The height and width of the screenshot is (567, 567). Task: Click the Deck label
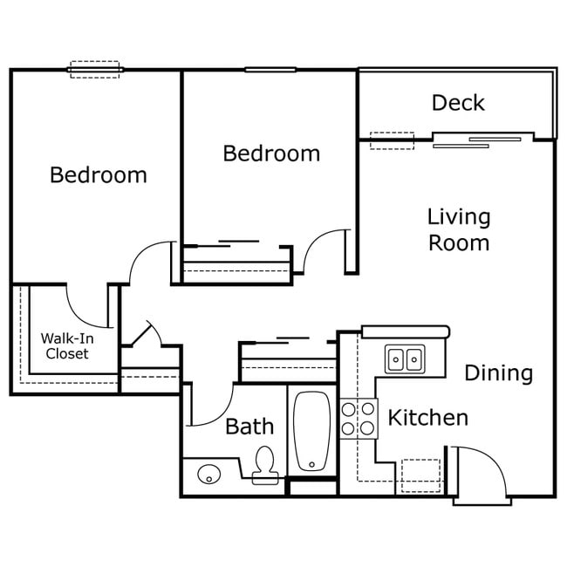point(458,103)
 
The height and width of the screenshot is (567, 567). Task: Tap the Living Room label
point(458,229)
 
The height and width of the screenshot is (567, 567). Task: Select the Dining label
point(498,373)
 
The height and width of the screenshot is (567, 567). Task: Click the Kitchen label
point(427,418)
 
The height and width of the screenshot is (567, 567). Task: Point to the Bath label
point(249,427)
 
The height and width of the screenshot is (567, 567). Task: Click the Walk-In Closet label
point(67,345)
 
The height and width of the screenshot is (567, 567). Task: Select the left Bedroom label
point(98,174)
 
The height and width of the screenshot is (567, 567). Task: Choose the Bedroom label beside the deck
point(271,154)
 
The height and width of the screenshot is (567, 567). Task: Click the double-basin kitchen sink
point(405,358)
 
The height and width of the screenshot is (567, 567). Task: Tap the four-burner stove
point(358,418)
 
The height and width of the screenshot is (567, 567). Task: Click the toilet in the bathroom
point(264,464)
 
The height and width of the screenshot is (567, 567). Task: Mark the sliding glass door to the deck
point(482,139)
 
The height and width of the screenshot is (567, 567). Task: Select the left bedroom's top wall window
point(94,69)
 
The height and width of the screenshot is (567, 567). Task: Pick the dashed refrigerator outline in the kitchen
point(420,475)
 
